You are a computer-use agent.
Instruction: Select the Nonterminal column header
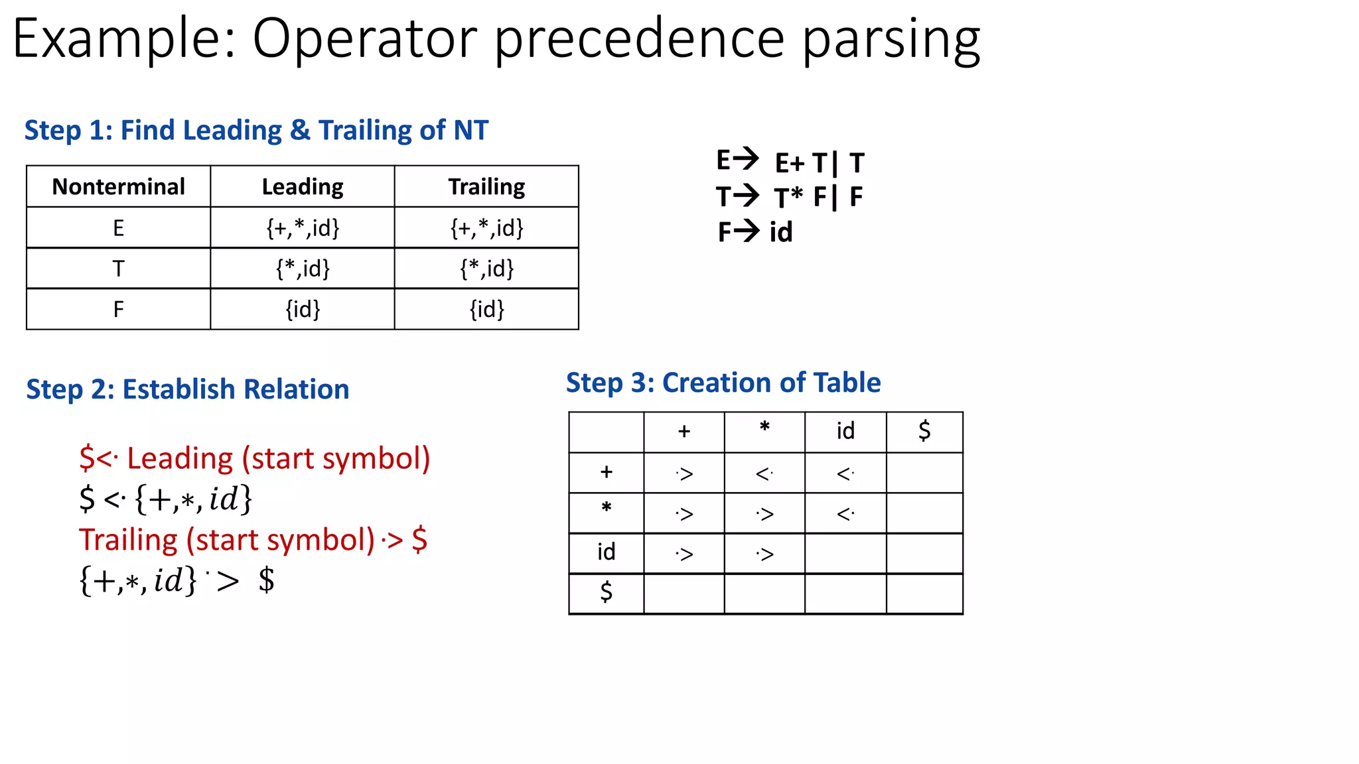point(118,187)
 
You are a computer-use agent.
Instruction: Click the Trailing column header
point(486,187)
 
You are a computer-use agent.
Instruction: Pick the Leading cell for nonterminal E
point(303,228)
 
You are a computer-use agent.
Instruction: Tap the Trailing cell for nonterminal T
point(486,269)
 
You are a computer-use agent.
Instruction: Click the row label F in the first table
point(118,309)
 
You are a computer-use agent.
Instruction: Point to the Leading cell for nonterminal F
point(303,309)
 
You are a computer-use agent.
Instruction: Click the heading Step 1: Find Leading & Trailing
point(256,131)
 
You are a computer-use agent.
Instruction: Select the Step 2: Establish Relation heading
point(187,389)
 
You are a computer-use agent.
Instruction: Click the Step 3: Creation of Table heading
point(723,383)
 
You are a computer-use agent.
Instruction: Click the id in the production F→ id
point(781,232)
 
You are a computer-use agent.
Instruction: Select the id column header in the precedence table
point(845,432)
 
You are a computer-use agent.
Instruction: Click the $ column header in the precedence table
point(924,432)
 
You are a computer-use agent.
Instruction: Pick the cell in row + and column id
point(845,474)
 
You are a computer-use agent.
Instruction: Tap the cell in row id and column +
point(684,554)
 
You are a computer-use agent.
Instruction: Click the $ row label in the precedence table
point(606,592)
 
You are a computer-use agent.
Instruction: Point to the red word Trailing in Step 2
point(128,540)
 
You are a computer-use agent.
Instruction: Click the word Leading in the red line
point(180,458)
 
